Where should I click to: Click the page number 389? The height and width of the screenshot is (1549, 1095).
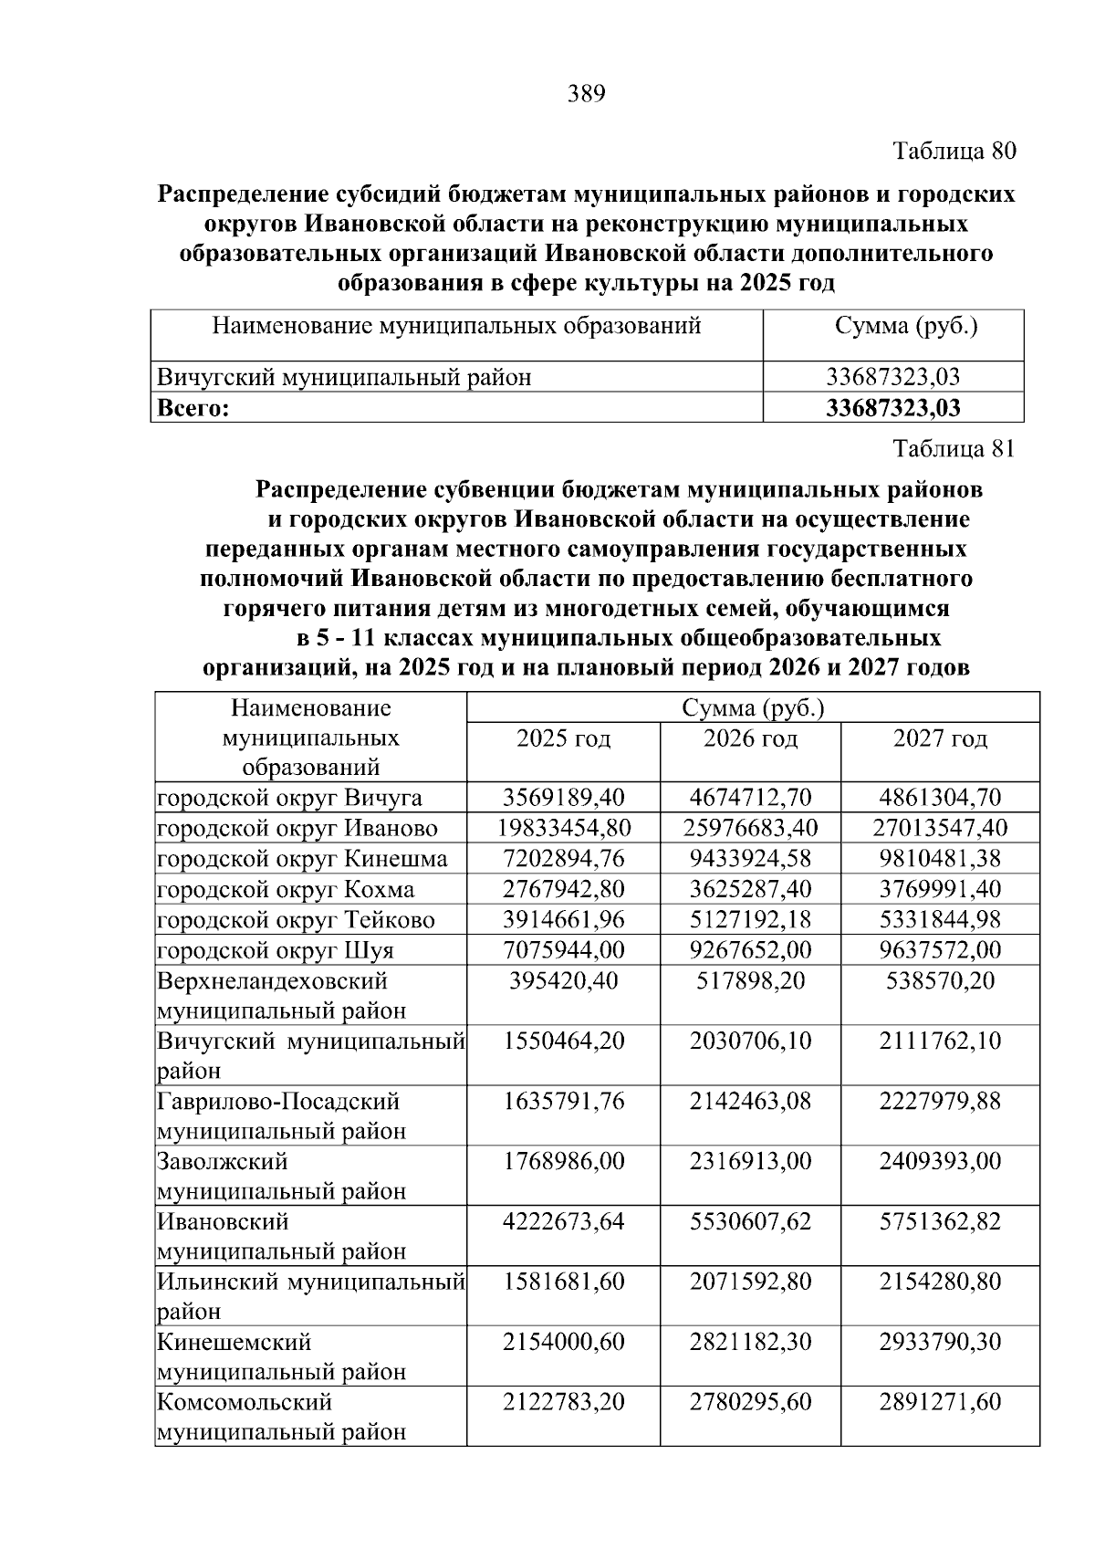tap(586, 94)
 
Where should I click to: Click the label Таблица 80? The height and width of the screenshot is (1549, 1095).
tap(954, 151)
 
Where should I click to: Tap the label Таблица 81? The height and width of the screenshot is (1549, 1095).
tap(954, 448)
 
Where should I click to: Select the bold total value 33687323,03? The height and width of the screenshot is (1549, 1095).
tap(892, 408)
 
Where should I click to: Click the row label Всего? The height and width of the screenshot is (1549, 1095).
tap(193, 408)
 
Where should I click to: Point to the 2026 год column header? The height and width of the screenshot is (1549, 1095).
tap(750, 738)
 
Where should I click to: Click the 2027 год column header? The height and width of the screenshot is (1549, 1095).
tap(940, 738)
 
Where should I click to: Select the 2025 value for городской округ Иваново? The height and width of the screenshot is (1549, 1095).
tap(564, 829)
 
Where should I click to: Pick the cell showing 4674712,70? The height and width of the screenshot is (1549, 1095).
tap(750, 798)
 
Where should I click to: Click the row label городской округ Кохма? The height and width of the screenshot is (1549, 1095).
tap(286, 890)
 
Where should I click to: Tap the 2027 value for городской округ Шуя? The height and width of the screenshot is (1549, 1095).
tap(940, 950)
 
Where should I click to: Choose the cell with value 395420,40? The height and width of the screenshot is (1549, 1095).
tap(564, 981)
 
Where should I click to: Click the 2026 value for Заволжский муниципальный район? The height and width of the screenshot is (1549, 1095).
tap(750, 1162)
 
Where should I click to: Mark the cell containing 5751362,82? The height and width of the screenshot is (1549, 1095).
tap(940, 1221)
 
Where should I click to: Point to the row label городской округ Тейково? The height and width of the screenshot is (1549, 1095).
tap(296, 920)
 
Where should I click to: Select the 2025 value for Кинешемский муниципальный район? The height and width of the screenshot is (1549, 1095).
tap(564, 1342)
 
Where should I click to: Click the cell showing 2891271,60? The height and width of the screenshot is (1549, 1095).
tap(940, 1402)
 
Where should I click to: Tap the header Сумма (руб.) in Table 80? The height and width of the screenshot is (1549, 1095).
tap(906, 326)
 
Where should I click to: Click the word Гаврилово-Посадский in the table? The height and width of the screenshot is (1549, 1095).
tap(278, 1102)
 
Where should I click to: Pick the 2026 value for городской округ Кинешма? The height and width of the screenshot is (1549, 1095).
tap(750, 859)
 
